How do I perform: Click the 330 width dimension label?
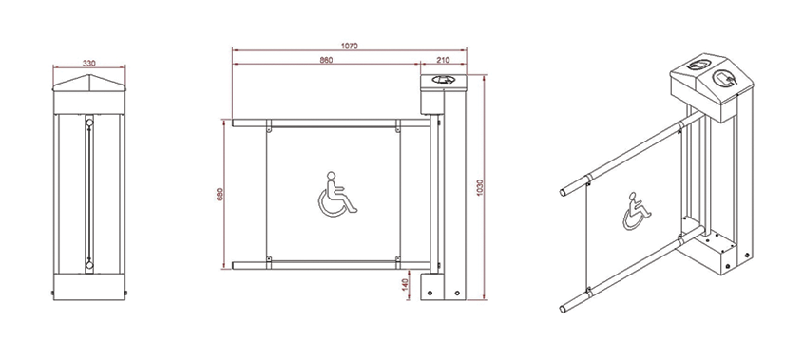89,64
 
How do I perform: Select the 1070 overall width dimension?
350,47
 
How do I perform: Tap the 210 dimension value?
443,60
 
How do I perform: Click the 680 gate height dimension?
220,194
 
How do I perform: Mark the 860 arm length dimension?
326,60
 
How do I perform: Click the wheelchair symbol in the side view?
337,195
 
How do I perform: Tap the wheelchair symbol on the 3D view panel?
637,211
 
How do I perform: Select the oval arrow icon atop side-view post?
443,80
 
